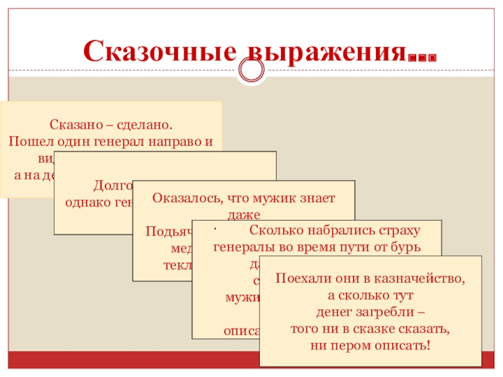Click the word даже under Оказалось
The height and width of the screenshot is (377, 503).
coord(243,212)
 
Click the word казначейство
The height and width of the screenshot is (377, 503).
coord(423,279)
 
